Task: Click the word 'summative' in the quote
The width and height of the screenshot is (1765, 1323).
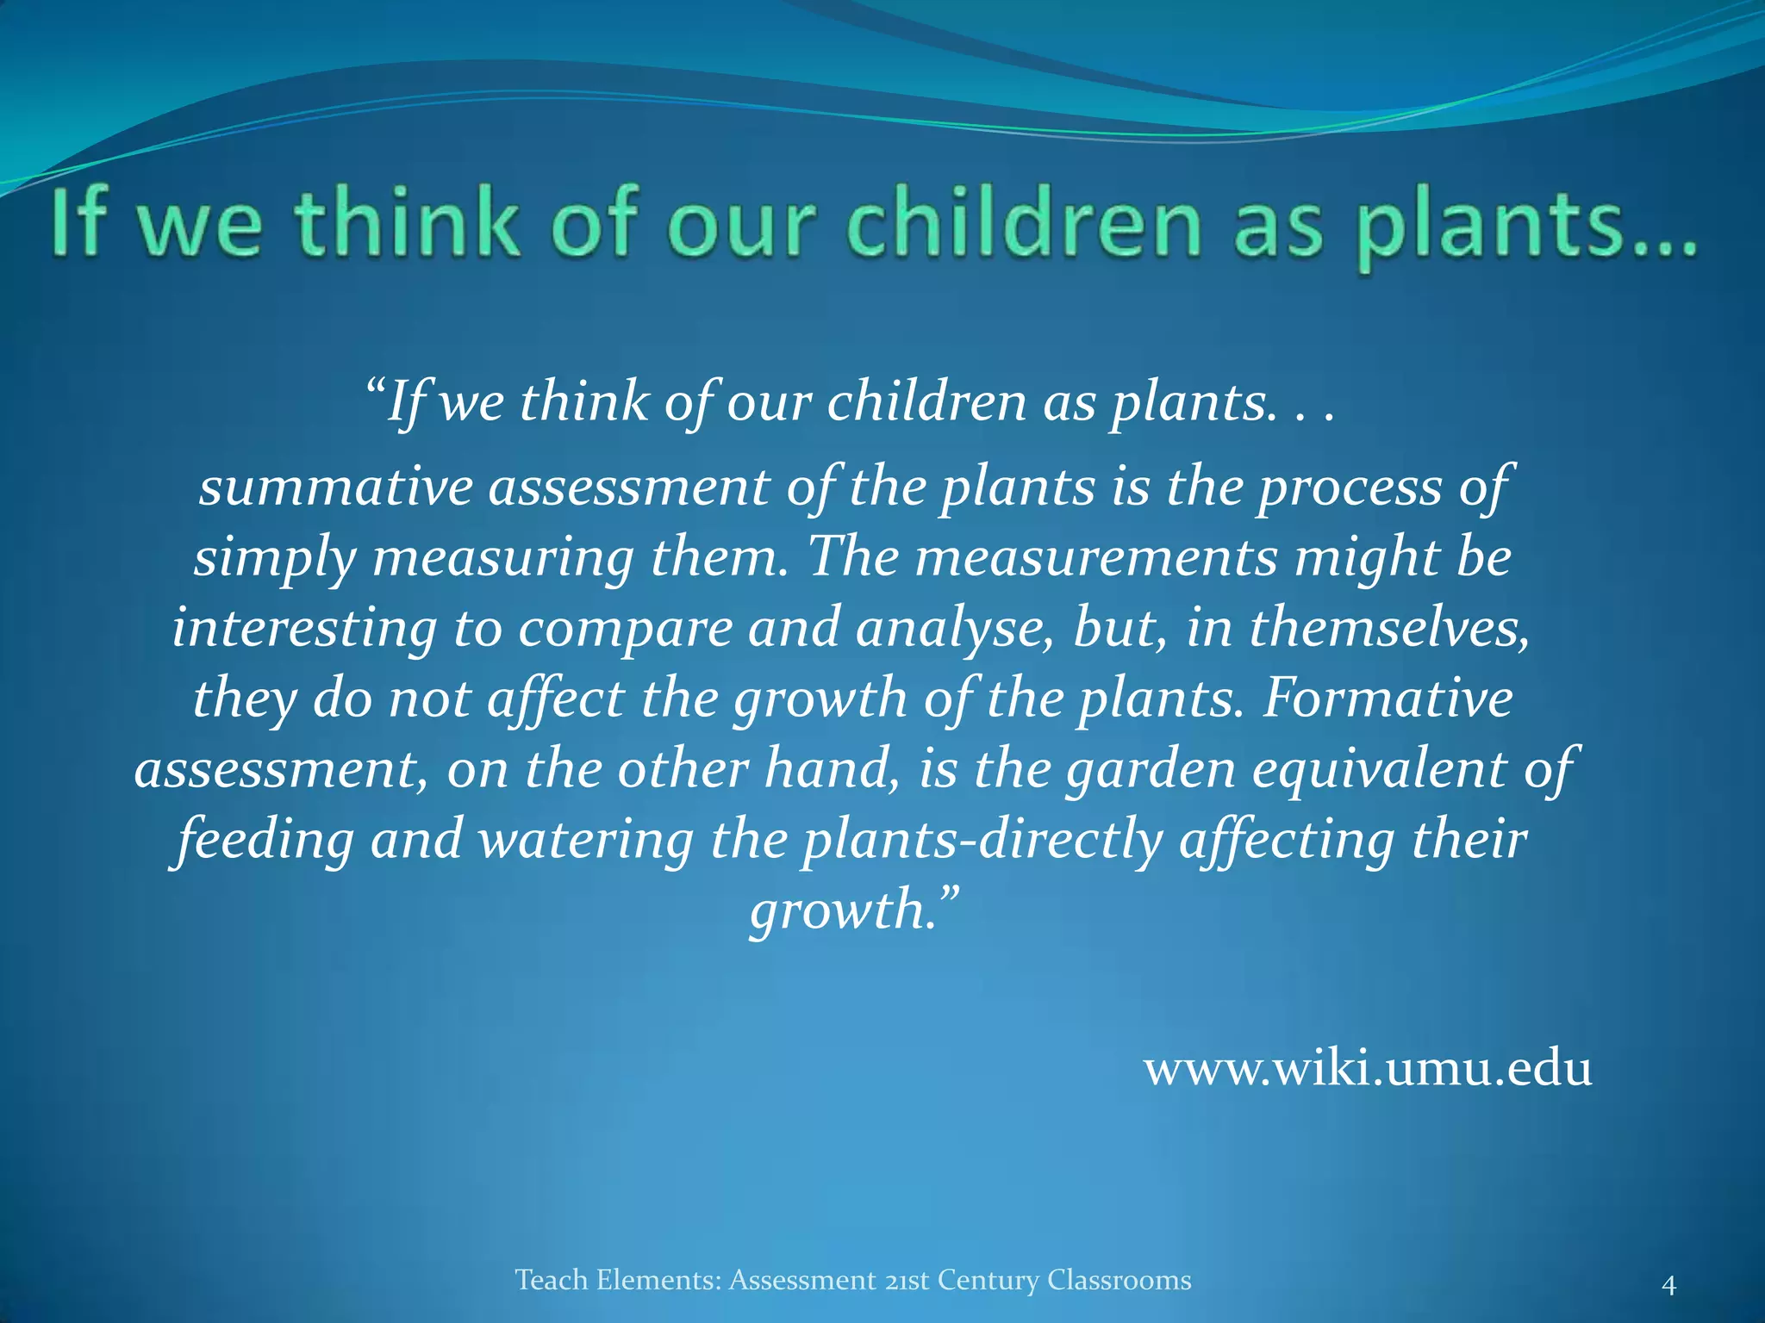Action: point(335,487)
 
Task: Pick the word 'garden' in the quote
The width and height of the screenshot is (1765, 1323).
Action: point(1151,769)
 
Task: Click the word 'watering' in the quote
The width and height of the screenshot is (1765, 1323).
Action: point(586,840)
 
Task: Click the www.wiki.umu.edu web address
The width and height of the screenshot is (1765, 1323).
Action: point(1368,1070)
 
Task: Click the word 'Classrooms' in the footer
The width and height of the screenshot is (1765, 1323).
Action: point(1119,1280)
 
